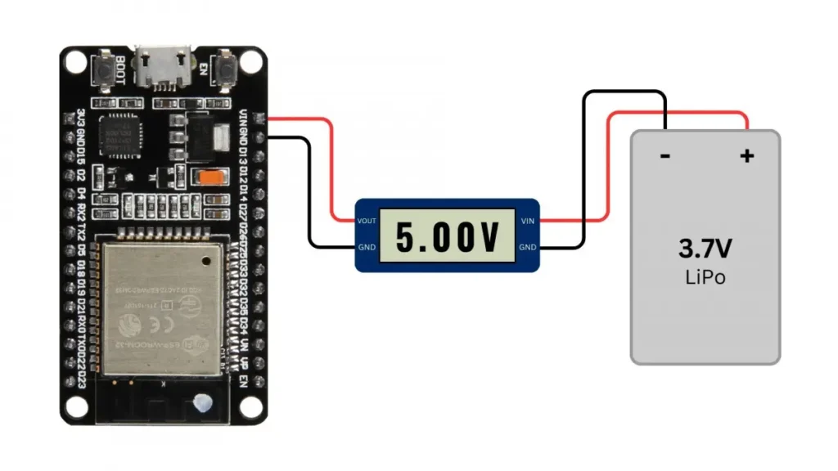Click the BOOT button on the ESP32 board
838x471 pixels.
tap(106, 70)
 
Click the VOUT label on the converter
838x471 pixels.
tap(366, 221)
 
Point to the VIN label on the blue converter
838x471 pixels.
tap(528, 221)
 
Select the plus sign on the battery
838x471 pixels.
tap(746, 155)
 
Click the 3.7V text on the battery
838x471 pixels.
tap(705, 248)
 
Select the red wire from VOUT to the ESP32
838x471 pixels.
tap(332, 164)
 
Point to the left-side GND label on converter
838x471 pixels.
tap(367, 248)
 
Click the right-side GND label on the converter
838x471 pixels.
tap(528, 248)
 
